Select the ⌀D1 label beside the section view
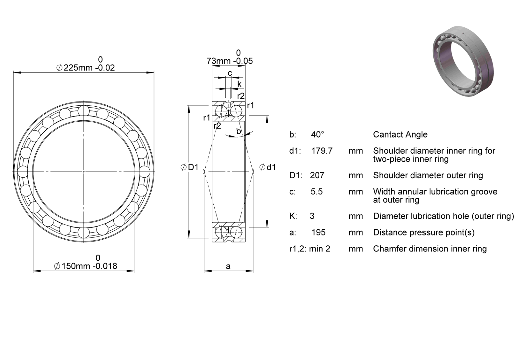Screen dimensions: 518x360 coord(189,167)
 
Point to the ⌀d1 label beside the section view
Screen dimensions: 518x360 coord(267,167)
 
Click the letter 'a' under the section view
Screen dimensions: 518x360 coord(228,267)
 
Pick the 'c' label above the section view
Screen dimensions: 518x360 coord(230,73)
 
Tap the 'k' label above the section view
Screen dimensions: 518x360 coord(239,84)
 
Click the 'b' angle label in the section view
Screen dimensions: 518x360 coord(239,131)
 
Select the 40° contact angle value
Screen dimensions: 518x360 coord(317,134)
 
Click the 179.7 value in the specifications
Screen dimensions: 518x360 coord(322,151)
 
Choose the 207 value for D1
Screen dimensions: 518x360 coord(317,175)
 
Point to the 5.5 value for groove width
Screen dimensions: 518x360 coord(316,191)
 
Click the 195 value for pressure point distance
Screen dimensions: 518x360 coord(318,232)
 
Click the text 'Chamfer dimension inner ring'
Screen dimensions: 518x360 coord(430,249)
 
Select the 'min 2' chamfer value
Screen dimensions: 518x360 coord(320,249)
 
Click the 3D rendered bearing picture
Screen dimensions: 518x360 coord(463,61)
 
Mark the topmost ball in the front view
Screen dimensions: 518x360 coord(84,111)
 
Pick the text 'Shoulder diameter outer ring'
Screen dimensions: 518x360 coord(428,175)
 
